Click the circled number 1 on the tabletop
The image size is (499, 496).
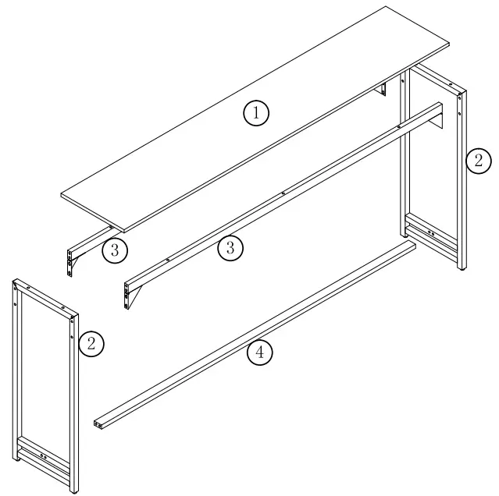coord(256,113)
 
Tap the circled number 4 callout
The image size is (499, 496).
coord(260,353)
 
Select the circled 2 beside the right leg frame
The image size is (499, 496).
coord(478,161)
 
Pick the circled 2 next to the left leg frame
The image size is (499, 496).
coord(92,343)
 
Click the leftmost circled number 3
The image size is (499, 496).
coord(114,250)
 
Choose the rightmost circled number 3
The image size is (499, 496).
coord(230,248)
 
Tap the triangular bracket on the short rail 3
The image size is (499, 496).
coord(79,266)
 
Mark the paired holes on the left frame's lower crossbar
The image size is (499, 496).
coord(42,457)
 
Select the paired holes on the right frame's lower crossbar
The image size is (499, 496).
coord(431,232)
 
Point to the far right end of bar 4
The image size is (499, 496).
coord(411,245)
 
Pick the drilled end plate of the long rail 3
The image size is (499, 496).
coord(127,295)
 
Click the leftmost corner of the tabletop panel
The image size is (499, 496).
coord(62,193)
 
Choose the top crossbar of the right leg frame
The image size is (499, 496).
coord(437,78)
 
